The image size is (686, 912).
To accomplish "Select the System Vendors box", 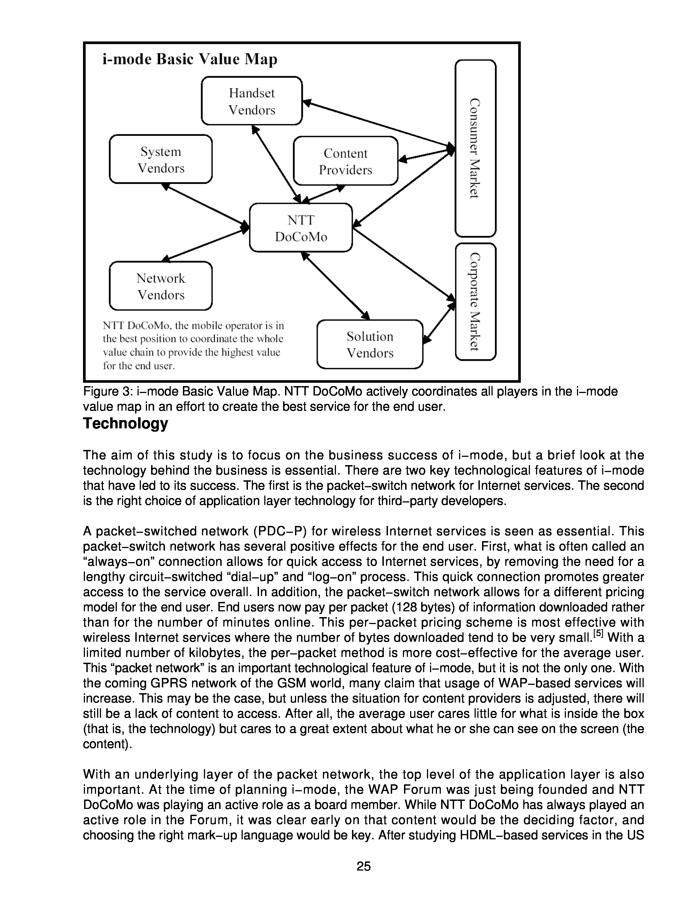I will [161, 159].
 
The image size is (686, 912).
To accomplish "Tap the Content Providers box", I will [345, 161].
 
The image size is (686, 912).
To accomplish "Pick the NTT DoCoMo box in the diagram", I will [301, 228].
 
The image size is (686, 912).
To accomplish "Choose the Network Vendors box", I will [161, 286].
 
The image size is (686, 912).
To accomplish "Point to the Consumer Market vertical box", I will [475, 148].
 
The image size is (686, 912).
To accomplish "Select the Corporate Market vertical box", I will [475, 302].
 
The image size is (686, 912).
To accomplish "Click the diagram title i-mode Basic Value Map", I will [190, 59].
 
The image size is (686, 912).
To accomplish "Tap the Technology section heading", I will [125, 423].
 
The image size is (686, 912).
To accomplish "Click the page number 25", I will [363, 866].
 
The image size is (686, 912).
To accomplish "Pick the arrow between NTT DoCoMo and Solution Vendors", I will [335, 285].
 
